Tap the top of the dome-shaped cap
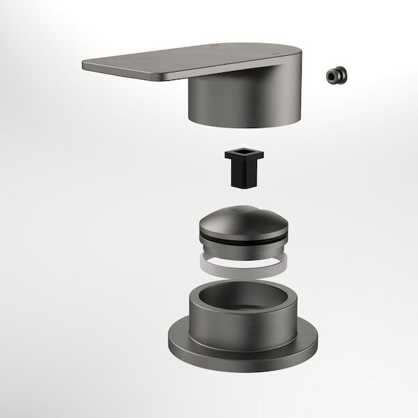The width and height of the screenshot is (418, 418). pyautogui.click(x=240, y=218)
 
